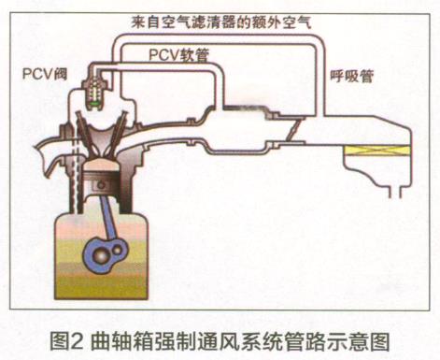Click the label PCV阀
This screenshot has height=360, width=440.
click(x=45, y=75)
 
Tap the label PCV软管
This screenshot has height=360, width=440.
click(x=178, y=55)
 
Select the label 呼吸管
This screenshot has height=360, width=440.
click(x=352, y=76)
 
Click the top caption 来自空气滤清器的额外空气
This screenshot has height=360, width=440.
click(x=221, y=22)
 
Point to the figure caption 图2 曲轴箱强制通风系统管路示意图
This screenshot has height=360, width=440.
click(x=220, y=342)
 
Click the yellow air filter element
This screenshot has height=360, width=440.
click(x=376, y=151)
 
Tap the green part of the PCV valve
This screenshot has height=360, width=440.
click(x=95, y=103)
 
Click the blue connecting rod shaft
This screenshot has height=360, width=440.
click(x=109, y=218)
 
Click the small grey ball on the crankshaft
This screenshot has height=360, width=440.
click(x=118, y=249)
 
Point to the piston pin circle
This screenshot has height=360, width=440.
click(x=101, y=185)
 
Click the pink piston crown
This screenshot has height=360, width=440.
click(x=101, y=165)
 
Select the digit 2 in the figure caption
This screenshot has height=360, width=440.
click(x=78, y=342)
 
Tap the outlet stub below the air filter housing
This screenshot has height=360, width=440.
click(x=395, y=193)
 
